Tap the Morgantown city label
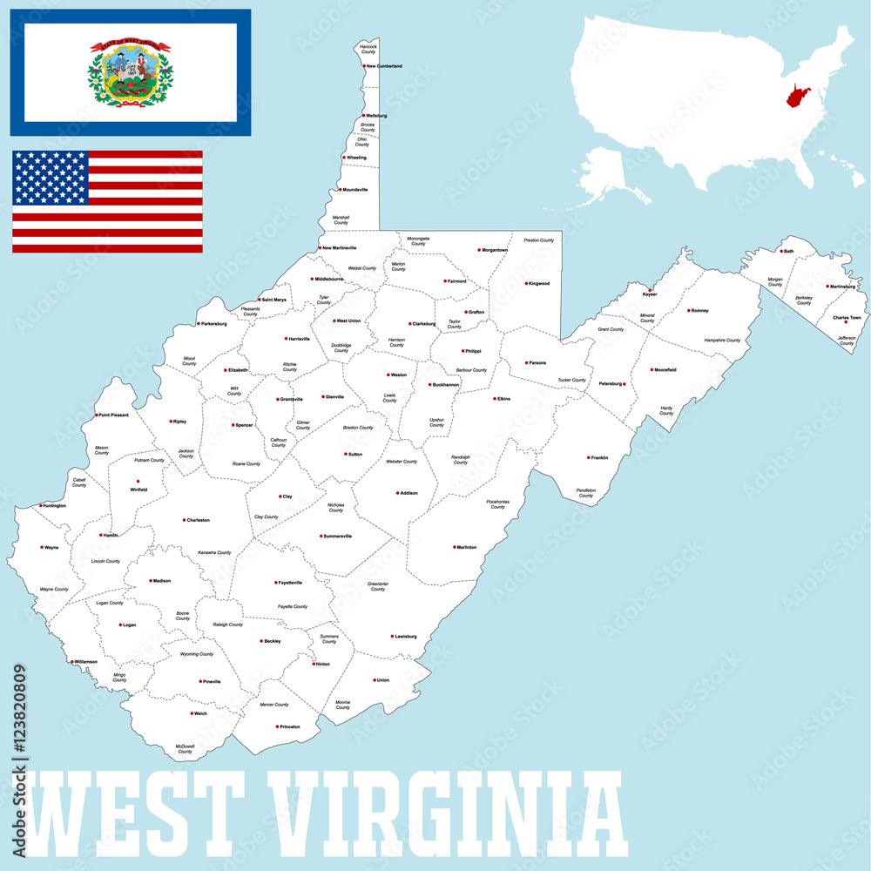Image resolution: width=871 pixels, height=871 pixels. point(495,250)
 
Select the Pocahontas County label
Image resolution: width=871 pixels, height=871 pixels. point(497,504)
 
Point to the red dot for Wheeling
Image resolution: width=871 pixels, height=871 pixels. point(344,158)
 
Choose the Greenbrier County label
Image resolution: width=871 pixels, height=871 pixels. point(377,586)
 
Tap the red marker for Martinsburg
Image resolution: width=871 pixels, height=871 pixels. point(827,286)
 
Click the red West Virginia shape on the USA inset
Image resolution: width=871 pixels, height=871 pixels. point(797,96)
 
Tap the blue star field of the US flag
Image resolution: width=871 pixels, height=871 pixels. point(51,178)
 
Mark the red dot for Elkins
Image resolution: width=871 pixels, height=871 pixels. point(493,399)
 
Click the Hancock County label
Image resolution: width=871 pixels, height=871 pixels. point(368,49)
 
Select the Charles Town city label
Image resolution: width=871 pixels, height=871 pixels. point(847,318)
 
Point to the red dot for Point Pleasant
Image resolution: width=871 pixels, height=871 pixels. point(96,415)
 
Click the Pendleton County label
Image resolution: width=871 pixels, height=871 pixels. point(585,493)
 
